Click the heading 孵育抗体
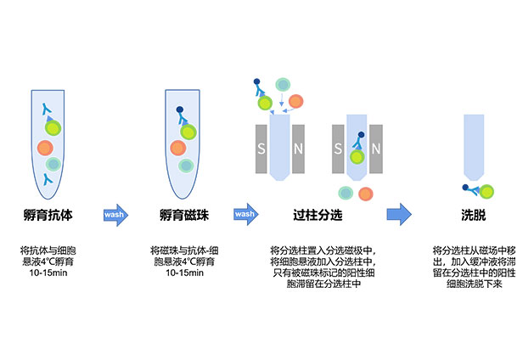pyautogui.click(x=48, y=215)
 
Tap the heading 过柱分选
pyautogui.click(x=318, y=215)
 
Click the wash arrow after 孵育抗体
pyautogui.click(x=116, y=214)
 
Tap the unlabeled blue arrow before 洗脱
pyautogui.click(x=398, y=214)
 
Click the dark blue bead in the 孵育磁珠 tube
pyautogui.click(x=179, y=110)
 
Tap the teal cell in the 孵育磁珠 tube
pyautogui.click(x=183, y=166)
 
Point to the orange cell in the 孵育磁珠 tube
pyautogui.click(x=177, y=147)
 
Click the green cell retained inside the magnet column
pyautogui.click(x=357, y=155)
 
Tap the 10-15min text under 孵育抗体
pyautogui.click(x=48, y=273)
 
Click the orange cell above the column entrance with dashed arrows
pyautogui.click(x=295, y=101)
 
